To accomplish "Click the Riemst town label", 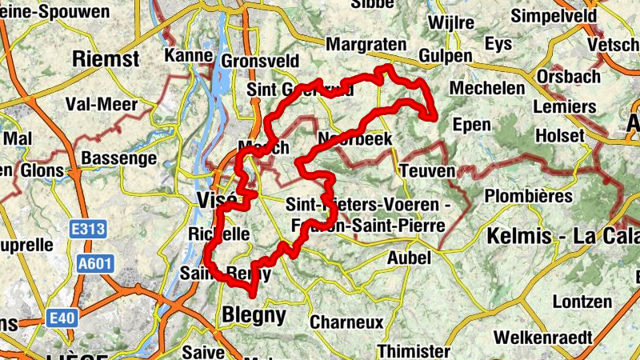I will click(x=106, y=58).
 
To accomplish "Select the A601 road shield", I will click(x=96, y=264).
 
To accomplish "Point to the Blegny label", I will click(x=254, y=315).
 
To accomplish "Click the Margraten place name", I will click(x=366, y=45).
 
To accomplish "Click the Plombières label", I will click(x=529, y=196).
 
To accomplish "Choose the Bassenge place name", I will click(x=119, y=158).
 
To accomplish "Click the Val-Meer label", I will click(x=101, y=105).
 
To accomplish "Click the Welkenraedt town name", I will click(x=542, y=337).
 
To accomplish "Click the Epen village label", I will click(x=471, y=124).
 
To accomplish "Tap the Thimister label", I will click(x=414, y=351).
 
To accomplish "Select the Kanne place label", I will click(x=188, y=55).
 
